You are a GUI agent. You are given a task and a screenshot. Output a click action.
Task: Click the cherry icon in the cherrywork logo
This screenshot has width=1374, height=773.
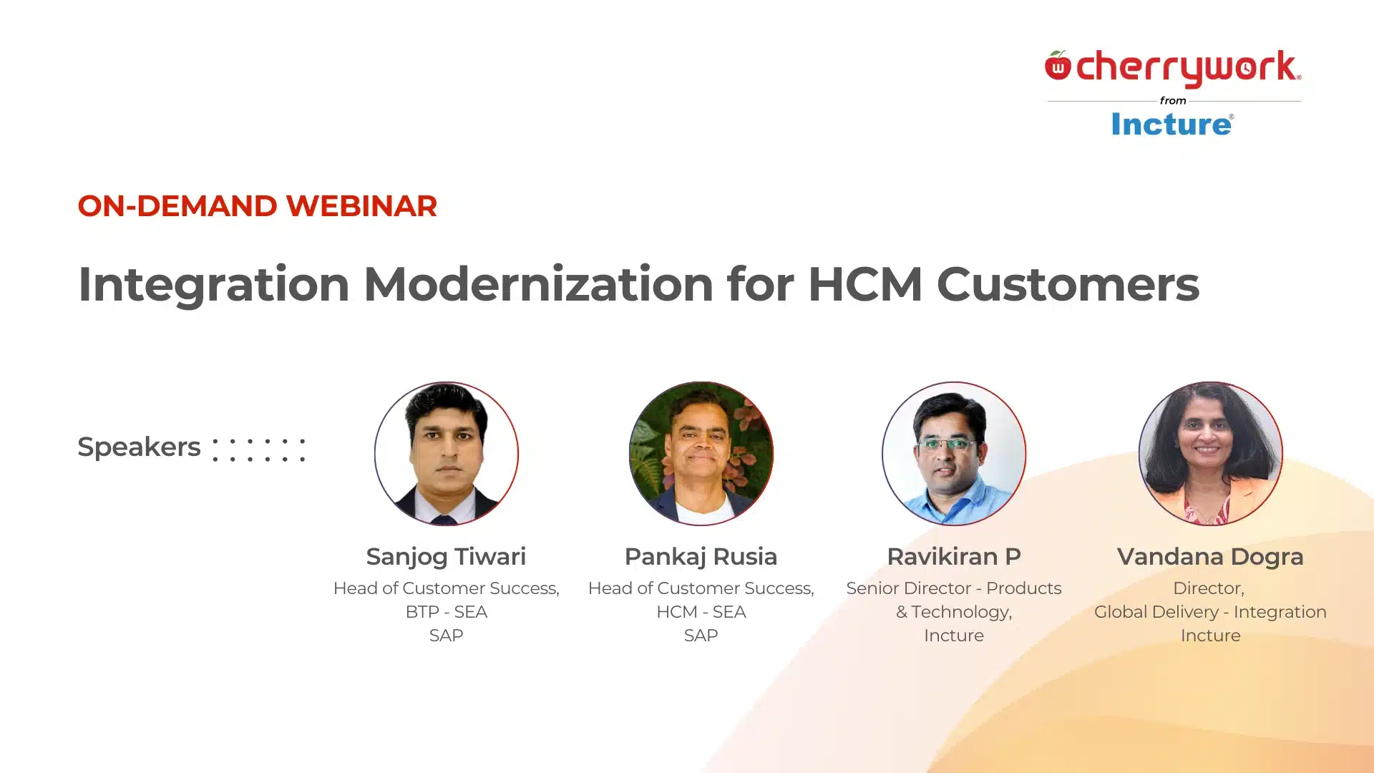[1058, 66]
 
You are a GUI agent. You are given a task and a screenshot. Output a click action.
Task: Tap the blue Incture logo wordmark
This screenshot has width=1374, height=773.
[1171, 125]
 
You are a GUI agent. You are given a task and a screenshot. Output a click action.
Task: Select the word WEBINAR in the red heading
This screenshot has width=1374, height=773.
[361, 206]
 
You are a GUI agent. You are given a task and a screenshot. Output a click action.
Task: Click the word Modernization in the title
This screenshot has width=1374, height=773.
[538, 284]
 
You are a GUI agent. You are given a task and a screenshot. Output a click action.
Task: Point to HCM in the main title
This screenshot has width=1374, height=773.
[864, 284]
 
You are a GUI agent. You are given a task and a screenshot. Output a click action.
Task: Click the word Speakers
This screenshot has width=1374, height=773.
[139, 447]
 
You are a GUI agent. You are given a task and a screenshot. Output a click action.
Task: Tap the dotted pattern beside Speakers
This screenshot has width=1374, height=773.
[259, 449]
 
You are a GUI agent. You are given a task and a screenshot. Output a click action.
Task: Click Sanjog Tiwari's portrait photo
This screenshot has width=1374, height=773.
[447, 453]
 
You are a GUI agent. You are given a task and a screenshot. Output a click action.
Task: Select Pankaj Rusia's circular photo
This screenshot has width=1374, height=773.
[701, 453]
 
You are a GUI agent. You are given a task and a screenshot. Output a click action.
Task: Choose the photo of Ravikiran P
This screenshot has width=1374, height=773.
[954, 453]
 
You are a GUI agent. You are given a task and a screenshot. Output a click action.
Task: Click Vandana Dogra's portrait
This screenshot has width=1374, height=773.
[1210, 453]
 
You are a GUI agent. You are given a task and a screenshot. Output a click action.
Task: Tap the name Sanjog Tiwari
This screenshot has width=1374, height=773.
[446, 556]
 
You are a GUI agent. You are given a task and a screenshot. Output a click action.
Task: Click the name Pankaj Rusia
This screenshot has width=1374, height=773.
[701, 556]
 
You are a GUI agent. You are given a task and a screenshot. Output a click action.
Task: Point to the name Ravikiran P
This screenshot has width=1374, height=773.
[954, 556]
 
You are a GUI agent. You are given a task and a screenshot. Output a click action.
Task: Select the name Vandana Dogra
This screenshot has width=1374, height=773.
[1210, 556]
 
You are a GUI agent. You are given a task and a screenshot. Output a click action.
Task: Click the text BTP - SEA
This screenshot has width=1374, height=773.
[446, 612]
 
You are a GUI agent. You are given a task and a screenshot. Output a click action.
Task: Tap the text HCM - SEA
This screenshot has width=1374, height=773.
[701, 612]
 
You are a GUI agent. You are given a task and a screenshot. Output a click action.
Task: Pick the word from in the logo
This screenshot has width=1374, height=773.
[1173, 101]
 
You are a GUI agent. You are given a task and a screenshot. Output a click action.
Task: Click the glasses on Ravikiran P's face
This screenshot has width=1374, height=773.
[947, 444]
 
